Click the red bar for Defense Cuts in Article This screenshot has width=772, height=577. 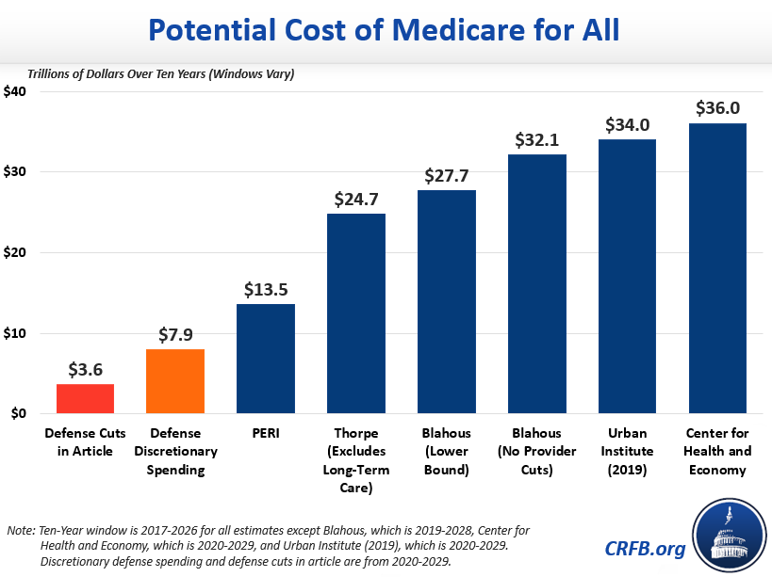pos(85,398)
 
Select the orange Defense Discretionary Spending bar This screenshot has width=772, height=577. pos(175,381)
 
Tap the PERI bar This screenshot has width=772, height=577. pos(266,359)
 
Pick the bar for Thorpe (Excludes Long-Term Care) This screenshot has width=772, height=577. pos(356,313)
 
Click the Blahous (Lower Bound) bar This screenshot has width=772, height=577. pos(447,301)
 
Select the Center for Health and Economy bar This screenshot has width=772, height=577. pos(718,268)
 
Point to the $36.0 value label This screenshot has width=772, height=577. pos(718,108)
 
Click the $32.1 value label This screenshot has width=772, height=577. pos(537,139)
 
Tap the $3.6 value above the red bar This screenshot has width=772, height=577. pos(85,369)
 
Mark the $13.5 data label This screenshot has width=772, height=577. pos(266,289)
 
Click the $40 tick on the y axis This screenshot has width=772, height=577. pos(16,91)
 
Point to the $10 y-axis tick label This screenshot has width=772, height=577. pos(16,333)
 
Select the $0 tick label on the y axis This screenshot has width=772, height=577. pos(20,413)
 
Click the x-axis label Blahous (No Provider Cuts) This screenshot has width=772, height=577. pos(537,451)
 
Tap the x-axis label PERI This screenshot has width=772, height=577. pos(266,433)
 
